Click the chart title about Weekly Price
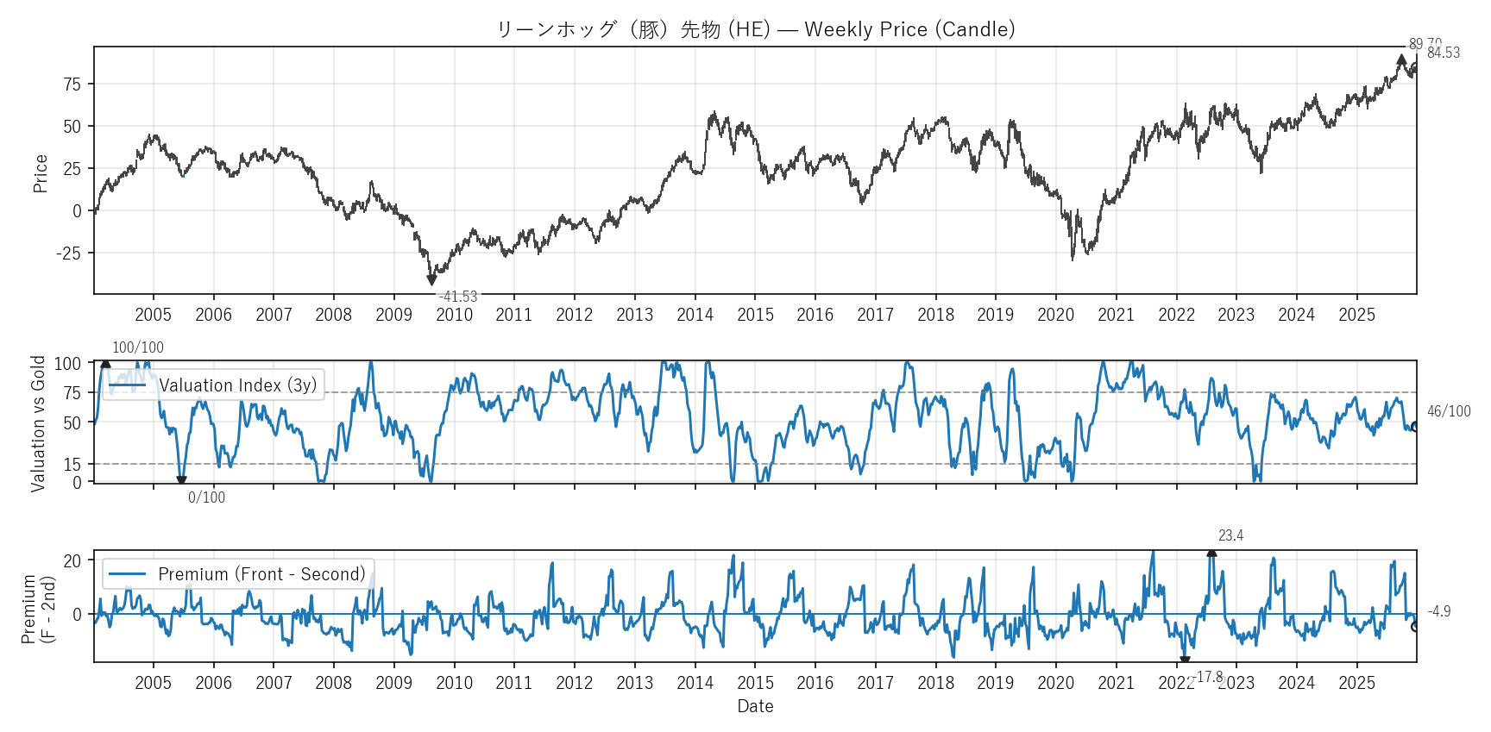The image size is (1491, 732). (755, 29)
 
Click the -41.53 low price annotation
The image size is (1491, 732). (457, 297)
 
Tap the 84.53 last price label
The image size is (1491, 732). (1444, 53)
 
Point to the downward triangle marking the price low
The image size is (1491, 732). (431, 280)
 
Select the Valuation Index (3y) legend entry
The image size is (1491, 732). (237, 385)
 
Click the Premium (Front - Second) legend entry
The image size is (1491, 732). (261, 574)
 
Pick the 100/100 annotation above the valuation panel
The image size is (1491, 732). (138, 347)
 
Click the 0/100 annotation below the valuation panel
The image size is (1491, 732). (206, 497)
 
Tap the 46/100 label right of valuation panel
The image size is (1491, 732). (1449, 411)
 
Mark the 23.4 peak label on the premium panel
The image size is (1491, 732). (1230, 535)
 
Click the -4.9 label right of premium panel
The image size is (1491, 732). (1438, 611)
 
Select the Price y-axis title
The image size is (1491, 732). (40, 173)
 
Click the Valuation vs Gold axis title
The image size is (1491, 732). (38, 423)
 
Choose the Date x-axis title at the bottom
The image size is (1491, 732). (755, 706)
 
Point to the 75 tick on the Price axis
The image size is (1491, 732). (72, 84)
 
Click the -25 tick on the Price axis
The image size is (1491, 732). (69, 253)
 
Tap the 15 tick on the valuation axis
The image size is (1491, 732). (72, 465)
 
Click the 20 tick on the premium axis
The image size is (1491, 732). (72, 560)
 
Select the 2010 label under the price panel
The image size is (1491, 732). (454, 315)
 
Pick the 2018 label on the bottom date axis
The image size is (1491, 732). (935, 683)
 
